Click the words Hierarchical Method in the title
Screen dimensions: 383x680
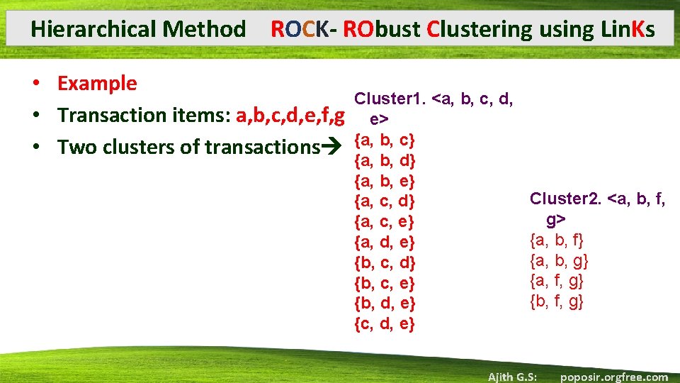click(138, 29)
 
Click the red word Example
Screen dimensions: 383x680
click(97, 83)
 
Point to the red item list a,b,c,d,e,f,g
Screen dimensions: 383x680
click(291, 115)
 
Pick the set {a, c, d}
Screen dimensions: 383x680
click(384, 201)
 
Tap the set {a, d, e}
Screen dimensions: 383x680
click(384, 243)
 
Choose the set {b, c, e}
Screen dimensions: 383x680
click(384, 283)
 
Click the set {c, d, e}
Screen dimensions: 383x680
click(384, 325)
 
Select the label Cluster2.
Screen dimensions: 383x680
click(565, 199)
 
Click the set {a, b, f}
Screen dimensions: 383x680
click(557, 240)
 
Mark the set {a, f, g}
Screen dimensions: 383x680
click(557, 281)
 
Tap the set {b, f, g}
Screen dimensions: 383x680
click(557, 302)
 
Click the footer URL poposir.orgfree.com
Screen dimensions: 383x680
click(613, 377)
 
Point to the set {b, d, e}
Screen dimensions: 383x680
click(384, 304)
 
